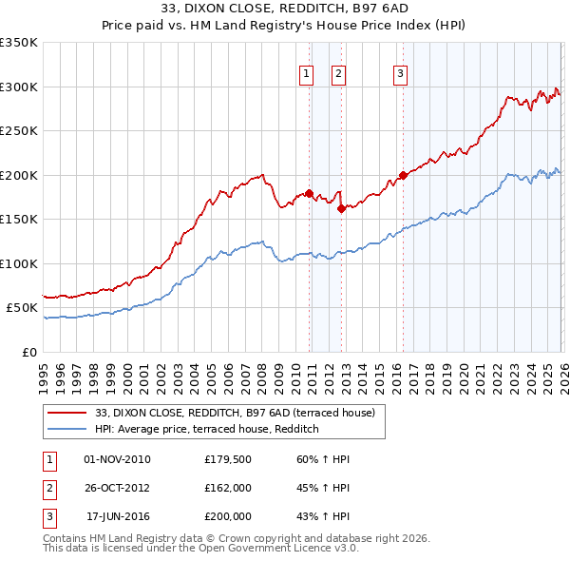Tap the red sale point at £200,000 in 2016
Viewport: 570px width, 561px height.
403,175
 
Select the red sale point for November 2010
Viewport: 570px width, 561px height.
309,193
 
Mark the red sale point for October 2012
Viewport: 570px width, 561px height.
342,208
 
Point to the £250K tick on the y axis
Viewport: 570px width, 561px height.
19,131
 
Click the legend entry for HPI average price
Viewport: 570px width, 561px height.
206,430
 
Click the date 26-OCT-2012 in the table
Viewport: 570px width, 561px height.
118,488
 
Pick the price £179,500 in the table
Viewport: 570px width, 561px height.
228,459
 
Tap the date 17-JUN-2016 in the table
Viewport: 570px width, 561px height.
118,516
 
